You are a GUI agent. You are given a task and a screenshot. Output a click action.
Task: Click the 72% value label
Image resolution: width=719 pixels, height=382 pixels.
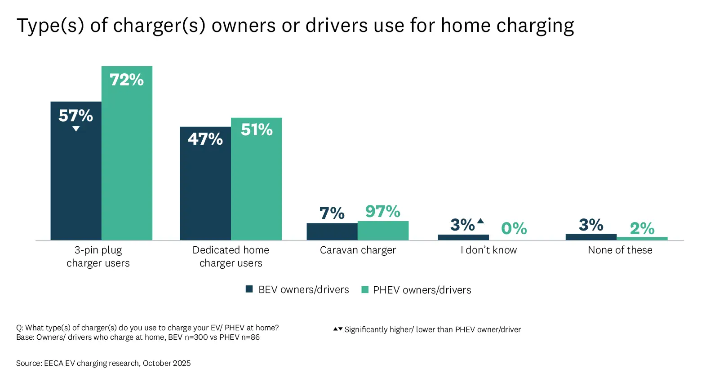pos(127,80)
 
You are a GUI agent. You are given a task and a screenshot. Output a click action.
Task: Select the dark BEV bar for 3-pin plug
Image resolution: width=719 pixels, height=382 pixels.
pos(76,180)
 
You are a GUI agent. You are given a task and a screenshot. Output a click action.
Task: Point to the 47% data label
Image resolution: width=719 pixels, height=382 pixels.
pos(205,139)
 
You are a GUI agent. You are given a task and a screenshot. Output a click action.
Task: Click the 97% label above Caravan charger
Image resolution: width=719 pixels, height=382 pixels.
pos(382,211)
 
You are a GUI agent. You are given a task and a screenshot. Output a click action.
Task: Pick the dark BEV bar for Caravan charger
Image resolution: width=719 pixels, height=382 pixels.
pos(332,231)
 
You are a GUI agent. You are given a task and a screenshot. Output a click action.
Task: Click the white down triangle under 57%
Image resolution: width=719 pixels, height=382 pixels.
pos(76,129)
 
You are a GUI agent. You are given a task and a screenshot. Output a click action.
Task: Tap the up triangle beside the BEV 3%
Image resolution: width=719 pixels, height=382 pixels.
pos(480,221)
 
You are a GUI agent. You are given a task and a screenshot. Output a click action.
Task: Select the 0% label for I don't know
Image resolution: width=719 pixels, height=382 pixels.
pos(514,228)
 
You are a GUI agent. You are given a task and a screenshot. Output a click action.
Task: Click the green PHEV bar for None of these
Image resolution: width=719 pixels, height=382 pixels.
pos(642,238)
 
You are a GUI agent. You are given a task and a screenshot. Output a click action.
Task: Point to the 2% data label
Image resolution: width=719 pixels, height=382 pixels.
pos(642,228)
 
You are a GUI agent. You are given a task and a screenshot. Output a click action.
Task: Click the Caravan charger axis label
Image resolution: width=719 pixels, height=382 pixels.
pos(358,250)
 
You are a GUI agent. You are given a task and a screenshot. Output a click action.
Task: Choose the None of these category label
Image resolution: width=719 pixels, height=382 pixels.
pos(620,250)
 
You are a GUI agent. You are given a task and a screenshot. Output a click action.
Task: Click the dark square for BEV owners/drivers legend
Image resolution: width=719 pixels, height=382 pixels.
pos(249,289)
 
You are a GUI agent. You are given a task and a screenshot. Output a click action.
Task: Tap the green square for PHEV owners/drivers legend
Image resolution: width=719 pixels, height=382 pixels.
pos(365,289)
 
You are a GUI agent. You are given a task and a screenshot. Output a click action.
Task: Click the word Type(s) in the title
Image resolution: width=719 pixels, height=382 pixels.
pos(50,26)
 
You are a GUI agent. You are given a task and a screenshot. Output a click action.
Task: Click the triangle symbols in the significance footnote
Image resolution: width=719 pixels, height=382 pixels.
pos(337,329)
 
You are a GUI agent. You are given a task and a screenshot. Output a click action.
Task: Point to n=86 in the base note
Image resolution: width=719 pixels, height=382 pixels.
pos(250,337)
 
